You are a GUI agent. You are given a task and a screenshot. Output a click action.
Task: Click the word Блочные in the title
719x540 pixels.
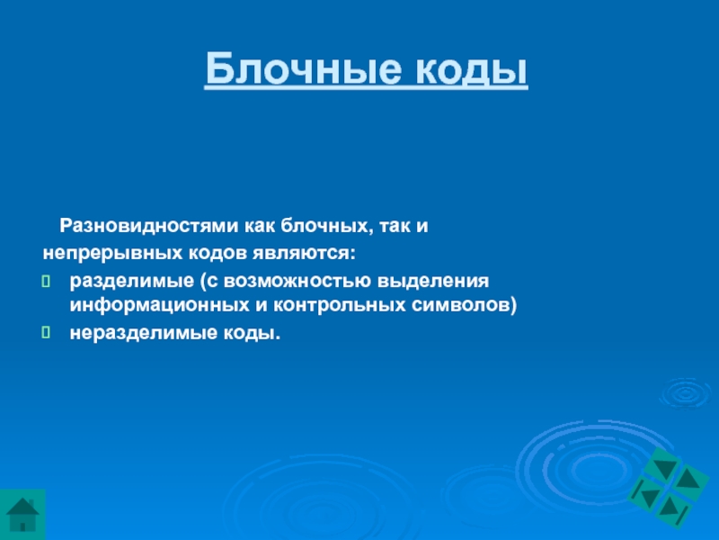pos(304,68)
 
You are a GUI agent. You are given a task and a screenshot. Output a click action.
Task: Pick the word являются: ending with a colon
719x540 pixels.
pos(304,253)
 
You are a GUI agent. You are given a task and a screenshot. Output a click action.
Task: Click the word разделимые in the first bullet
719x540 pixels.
pos(131,281)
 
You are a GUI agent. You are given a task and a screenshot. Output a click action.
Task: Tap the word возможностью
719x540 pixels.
pos(297,281)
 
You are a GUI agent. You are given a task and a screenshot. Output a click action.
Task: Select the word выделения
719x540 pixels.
pos(433,281)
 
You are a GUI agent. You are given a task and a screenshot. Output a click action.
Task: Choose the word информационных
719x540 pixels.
pos(160,305)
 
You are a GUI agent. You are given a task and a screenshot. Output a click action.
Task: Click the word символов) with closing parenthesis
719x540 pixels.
pos(464,305)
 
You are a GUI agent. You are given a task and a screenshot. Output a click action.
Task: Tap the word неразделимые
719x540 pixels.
pos(144,333)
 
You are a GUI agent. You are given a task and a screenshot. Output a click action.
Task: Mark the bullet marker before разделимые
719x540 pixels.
pos(46,282)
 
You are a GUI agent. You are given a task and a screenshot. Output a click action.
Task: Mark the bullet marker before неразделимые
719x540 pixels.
pos(46,332)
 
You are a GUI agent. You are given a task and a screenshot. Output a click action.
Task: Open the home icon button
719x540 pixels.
pos(22,514)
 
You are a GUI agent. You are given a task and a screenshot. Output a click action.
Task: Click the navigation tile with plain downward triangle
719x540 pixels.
pos(664,467)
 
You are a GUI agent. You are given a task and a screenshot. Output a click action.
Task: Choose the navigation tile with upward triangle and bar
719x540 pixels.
pos(672,510)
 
